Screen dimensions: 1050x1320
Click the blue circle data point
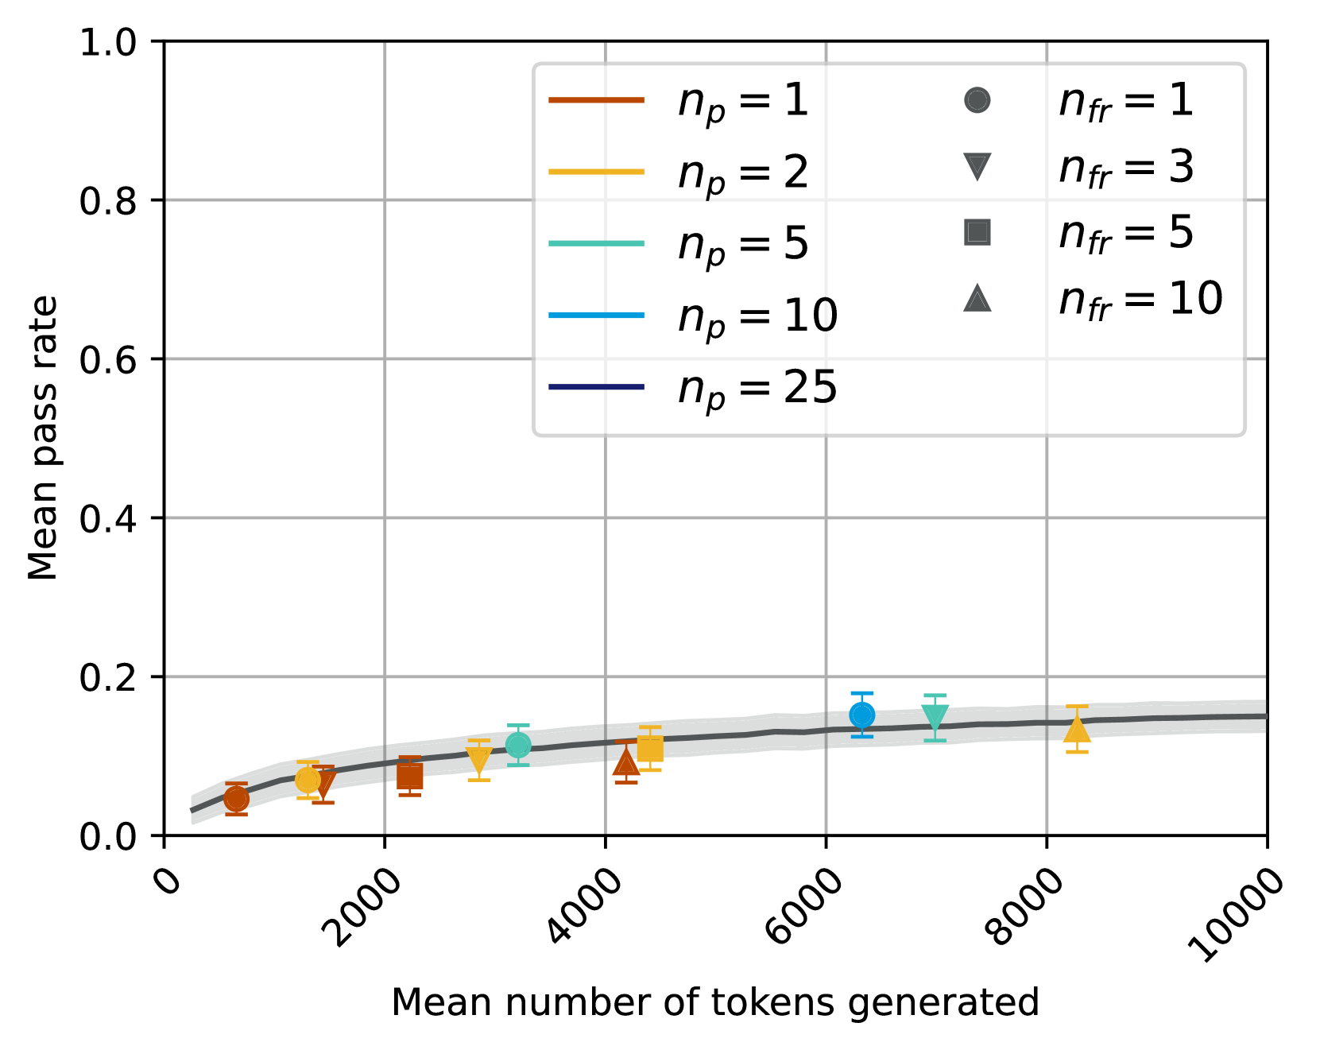point(862,715)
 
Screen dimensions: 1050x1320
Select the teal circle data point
point(518,746)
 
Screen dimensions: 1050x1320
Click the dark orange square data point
point(410,776)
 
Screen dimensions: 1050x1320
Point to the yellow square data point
point(650,749)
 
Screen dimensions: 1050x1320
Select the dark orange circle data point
point(236,799)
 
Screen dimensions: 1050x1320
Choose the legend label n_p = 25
point(757,389)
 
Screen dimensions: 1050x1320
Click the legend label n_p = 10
point(757,316)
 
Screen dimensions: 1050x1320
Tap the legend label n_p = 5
point(742,244)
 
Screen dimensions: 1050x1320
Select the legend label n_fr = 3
point(1125,169)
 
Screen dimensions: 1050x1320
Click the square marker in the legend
point(977,232)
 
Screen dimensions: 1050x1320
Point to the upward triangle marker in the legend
point(977,299)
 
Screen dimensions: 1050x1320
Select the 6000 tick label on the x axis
point(804,908)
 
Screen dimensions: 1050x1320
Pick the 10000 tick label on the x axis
point(1235,916)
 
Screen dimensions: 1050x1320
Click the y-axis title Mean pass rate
point(43,438)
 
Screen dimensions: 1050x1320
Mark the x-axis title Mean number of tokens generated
point(715,1003)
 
